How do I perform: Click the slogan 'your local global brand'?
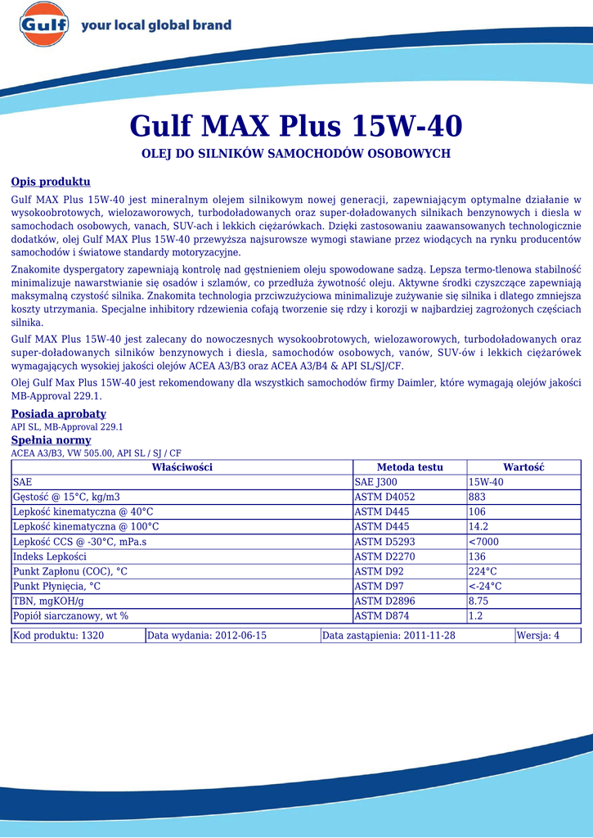(x=156, y=26)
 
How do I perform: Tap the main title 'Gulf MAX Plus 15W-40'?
(x=296, y=126)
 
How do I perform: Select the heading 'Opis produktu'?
(x=51, y=182)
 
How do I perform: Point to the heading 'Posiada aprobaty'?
(x=58, y=414)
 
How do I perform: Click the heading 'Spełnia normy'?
(x=51, y=440)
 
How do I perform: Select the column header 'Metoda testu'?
(x=410, y=467)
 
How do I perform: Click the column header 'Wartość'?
(x=523, y=467)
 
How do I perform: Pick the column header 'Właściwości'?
(x=182, y=467)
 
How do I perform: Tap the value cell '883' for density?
(x=478, y=497)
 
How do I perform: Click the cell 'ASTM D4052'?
(x=384, y=497)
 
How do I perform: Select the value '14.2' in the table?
(x=478, y=526)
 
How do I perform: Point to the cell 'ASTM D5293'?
(x=384, y=542)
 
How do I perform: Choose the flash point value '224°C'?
(x=483, y=571)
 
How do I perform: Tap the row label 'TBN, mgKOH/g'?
(x=49, y=601)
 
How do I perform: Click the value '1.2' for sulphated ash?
(x=475, y=616)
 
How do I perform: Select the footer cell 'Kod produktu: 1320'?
(x=59, y=636)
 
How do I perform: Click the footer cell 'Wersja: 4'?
(x=538, y=636)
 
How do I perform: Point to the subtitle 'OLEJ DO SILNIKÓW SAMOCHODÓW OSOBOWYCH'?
(x=296, y=154)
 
